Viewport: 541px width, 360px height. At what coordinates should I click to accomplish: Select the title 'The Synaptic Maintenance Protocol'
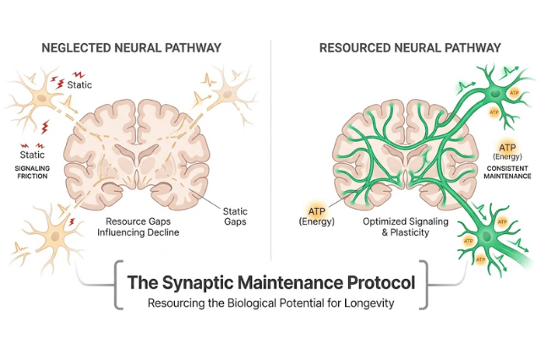[x=270, y=282]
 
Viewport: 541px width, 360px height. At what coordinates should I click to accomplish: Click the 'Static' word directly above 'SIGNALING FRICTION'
[x=31, y=155]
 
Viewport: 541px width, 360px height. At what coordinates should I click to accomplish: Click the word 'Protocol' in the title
[x=374, y=282]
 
